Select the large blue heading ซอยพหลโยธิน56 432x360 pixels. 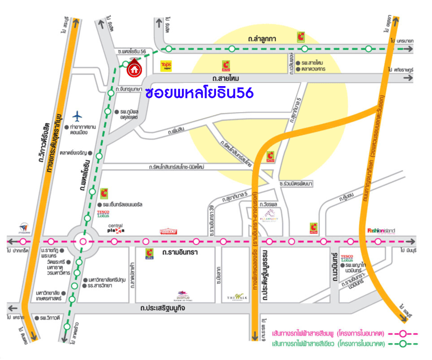tap(199, 92)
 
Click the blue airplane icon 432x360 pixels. tap(78, 116)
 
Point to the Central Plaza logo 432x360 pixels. tap(115, 229)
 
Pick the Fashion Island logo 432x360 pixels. tap(381, 231)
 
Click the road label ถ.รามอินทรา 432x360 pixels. tap(180, 253)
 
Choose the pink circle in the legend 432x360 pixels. tap(403, 334)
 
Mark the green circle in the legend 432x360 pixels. tap(403, 344)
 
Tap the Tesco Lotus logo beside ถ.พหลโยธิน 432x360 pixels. tap(103, 214)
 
